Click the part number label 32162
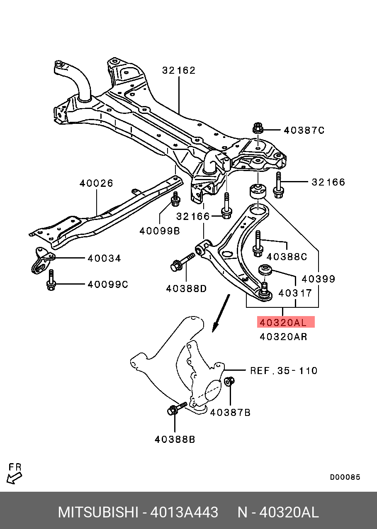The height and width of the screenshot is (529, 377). coord(179,70)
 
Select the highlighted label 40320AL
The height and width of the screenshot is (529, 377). coord(286,322)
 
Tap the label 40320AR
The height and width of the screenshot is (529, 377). coord(283,337)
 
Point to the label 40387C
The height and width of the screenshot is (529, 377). coord(304,130)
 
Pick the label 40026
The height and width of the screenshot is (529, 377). coord(96,183)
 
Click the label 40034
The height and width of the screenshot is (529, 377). coord(104,258)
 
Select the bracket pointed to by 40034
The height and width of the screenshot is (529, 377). coord(43,261)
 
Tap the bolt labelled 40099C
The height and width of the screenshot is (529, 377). coord(51,280)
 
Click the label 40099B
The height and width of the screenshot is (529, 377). coord(160,231)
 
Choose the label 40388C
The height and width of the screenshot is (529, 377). coord(287,257)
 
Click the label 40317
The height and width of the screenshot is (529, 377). coord(295,293)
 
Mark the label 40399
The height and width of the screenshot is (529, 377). coord(319,279)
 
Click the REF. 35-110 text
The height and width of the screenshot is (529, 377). coord(284,370)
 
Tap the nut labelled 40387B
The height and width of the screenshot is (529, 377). coord(229,381)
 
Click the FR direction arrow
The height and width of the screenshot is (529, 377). coord(14,478)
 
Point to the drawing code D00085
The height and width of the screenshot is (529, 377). coord(345,477)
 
